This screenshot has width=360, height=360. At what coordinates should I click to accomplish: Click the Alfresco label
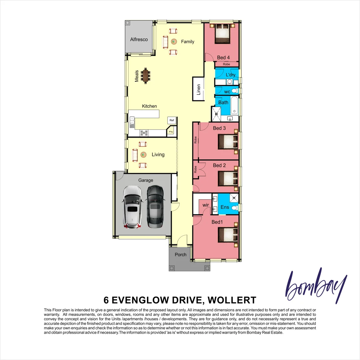click(x=139, y=39)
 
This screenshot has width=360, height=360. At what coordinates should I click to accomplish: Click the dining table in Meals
click(x=146, y=76)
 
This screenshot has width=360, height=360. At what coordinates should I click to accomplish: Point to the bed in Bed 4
click(x=222, y=34)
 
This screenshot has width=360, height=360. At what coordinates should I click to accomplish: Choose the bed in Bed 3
click(x=228, y=141)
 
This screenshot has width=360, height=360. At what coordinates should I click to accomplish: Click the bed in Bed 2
click(x=228, y=179)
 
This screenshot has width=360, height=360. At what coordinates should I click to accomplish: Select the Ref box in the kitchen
click(x=172, y=120)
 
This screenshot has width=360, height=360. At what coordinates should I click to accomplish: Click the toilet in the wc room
click(x=235, y=91)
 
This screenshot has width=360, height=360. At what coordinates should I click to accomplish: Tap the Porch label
click(x=181, y=255)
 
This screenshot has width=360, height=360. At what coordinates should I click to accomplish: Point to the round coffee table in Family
click(x=174, y=42)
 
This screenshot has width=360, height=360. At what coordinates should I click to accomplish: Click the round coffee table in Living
click(x=143, y=155)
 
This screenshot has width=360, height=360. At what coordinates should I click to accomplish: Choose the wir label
click(x=205, y=205)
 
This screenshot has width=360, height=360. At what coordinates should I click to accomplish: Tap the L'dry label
click(x=230, y=75)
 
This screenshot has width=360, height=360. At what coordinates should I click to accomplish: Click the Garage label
click(x=146, y=180)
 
